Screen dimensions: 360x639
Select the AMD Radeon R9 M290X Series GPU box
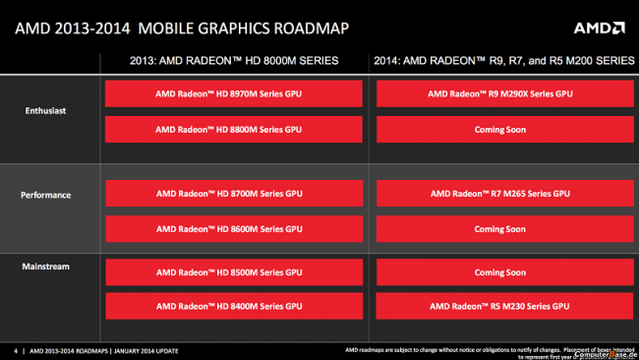499,95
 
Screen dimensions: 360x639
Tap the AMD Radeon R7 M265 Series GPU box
499,195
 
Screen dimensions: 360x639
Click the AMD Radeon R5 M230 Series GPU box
499,307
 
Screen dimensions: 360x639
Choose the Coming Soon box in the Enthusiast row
499,129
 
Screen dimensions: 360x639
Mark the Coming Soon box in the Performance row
499,228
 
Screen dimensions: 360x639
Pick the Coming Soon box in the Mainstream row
499,272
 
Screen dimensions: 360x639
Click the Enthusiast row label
47,111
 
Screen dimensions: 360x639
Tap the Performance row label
47,195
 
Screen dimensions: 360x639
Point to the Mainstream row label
47,266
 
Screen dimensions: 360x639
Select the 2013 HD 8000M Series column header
234,61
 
